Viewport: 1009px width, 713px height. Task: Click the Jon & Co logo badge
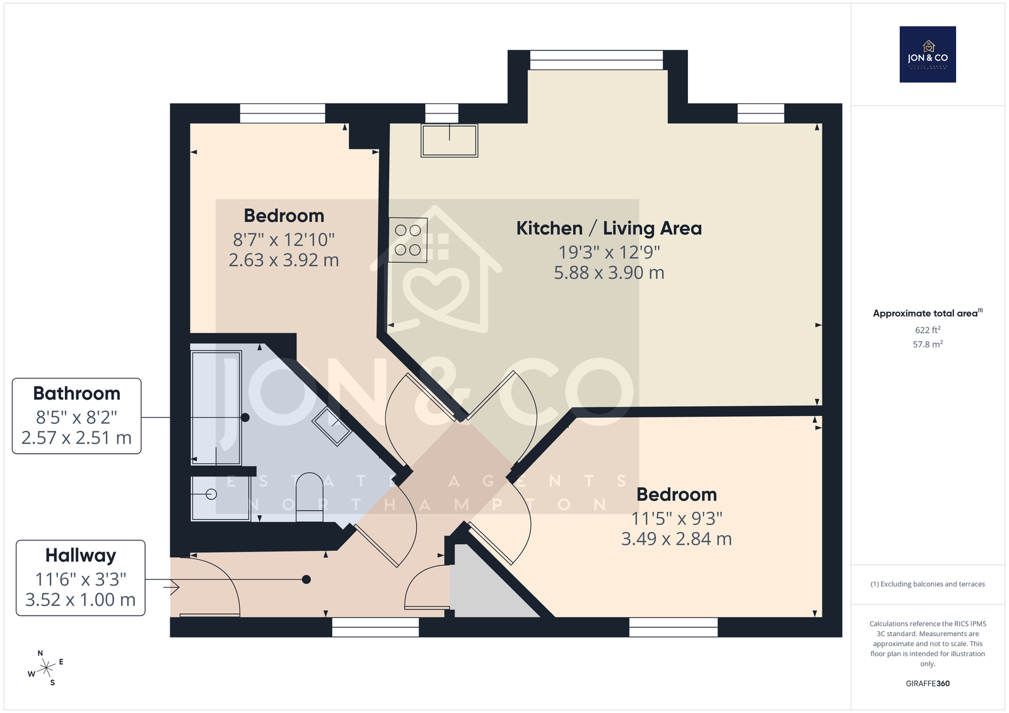928,54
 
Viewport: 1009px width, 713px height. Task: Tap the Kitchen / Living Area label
609,228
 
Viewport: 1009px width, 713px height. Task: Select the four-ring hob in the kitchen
407,240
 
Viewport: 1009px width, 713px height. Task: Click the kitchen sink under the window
449,141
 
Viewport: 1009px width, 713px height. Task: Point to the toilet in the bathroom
310,497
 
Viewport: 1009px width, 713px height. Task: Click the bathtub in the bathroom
216,408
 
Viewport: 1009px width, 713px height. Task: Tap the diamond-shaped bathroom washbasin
332,427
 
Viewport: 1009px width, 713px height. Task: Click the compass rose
45,668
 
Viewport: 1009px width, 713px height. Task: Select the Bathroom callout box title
76,393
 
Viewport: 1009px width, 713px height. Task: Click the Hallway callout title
81,555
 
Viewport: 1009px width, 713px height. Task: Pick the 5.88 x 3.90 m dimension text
609,272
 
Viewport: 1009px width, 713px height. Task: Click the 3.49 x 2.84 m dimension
677,539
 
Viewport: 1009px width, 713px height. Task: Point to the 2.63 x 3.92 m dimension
284,260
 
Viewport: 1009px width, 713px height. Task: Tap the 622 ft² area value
928,330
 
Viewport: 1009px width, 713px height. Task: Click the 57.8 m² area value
928,344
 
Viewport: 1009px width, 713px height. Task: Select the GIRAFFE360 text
928,683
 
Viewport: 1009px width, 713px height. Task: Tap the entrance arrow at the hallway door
174,587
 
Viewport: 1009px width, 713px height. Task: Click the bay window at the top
597,60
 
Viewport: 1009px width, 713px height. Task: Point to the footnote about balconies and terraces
928,584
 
